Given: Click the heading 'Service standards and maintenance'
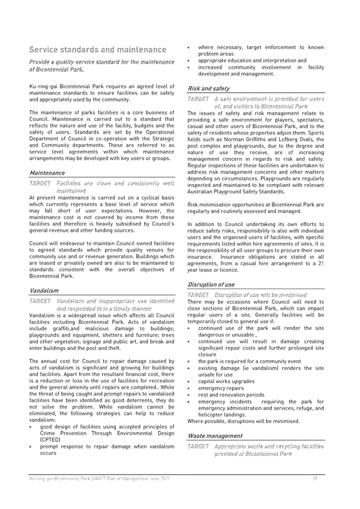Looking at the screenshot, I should [98, 50].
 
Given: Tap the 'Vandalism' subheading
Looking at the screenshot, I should [44, 291].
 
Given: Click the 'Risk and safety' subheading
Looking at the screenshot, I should [209, 88].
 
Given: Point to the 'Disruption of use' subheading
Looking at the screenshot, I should [211, 285].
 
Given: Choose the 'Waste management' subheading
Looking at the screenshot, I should [215, 436].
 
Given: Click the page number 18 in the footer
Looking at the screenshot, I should [314, 478].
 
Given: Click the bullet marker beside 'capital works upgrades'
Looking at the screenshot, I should [189, 382].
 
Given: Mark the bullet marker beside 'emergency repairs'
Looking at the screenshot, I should [189, 389].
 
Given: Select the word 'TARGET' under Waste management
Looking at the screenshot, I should [198, 446].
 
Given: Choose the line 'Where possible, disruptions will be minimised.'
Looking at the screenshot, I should [243, 421].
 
